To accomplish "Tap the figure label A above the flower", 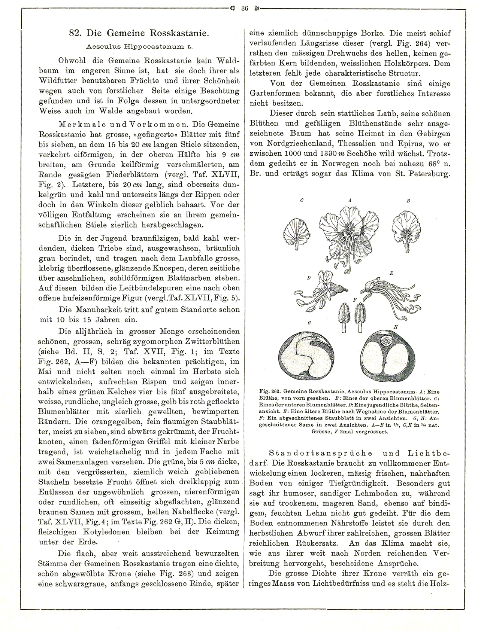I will click(x=350, y=201).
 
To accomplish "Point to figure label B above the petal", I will click(x=409, y=201).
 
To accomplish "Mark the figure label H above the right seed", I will click(x=396, y=327).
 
